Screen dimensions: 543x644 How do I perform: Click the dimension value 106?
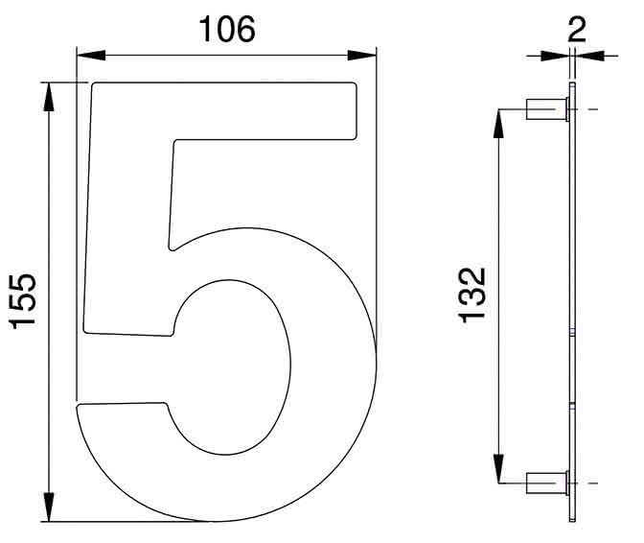point(226,31)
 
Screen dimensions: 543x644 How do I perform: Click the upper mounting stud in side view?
point(547,109)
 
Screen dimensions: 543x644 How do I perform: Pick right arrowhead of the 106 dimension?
point(366,56)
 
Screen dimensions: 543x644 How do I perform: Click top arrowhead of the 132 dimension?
point(498,119)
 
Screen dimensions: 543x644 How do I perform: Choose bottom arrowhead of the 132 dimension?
point(498,470)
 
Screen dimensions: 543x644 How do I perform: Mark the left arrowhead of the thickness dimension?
point(560,56)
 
